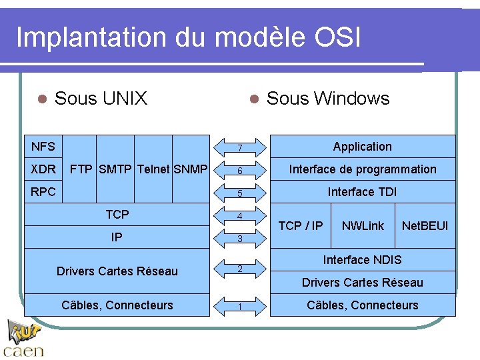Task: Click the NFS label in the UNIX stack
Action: (x=43, y=146)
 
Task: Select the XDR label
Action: (x=43, y=169)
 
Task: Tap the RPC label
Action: (x=43, y=191)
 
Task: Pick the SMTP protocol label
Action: (x=115, y=169)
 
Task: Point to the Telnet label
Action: (x=153, y=169)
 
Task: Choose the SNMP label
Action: (x=191, y=169)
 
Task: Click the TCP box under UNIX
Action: (x=117, y=214)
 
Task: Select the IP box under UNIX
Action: (x=117, y=237)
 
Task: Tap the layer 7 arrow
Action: (x=240, y=147)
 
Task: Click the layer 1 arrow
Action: (x=240, y=306)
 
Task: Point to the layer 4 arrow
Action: (x=240, y=216)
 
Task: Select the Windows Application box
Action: (x=363, y=147)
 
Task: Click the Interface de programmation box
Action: (x=363, y=169)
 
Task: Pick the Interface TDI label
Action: (x=362, y=192)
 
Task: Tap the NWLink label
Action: (x=363, y=225)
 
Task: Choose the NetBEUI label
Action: (x=425, y=225)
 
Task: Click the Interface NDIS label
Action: (x=362, y=259)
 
